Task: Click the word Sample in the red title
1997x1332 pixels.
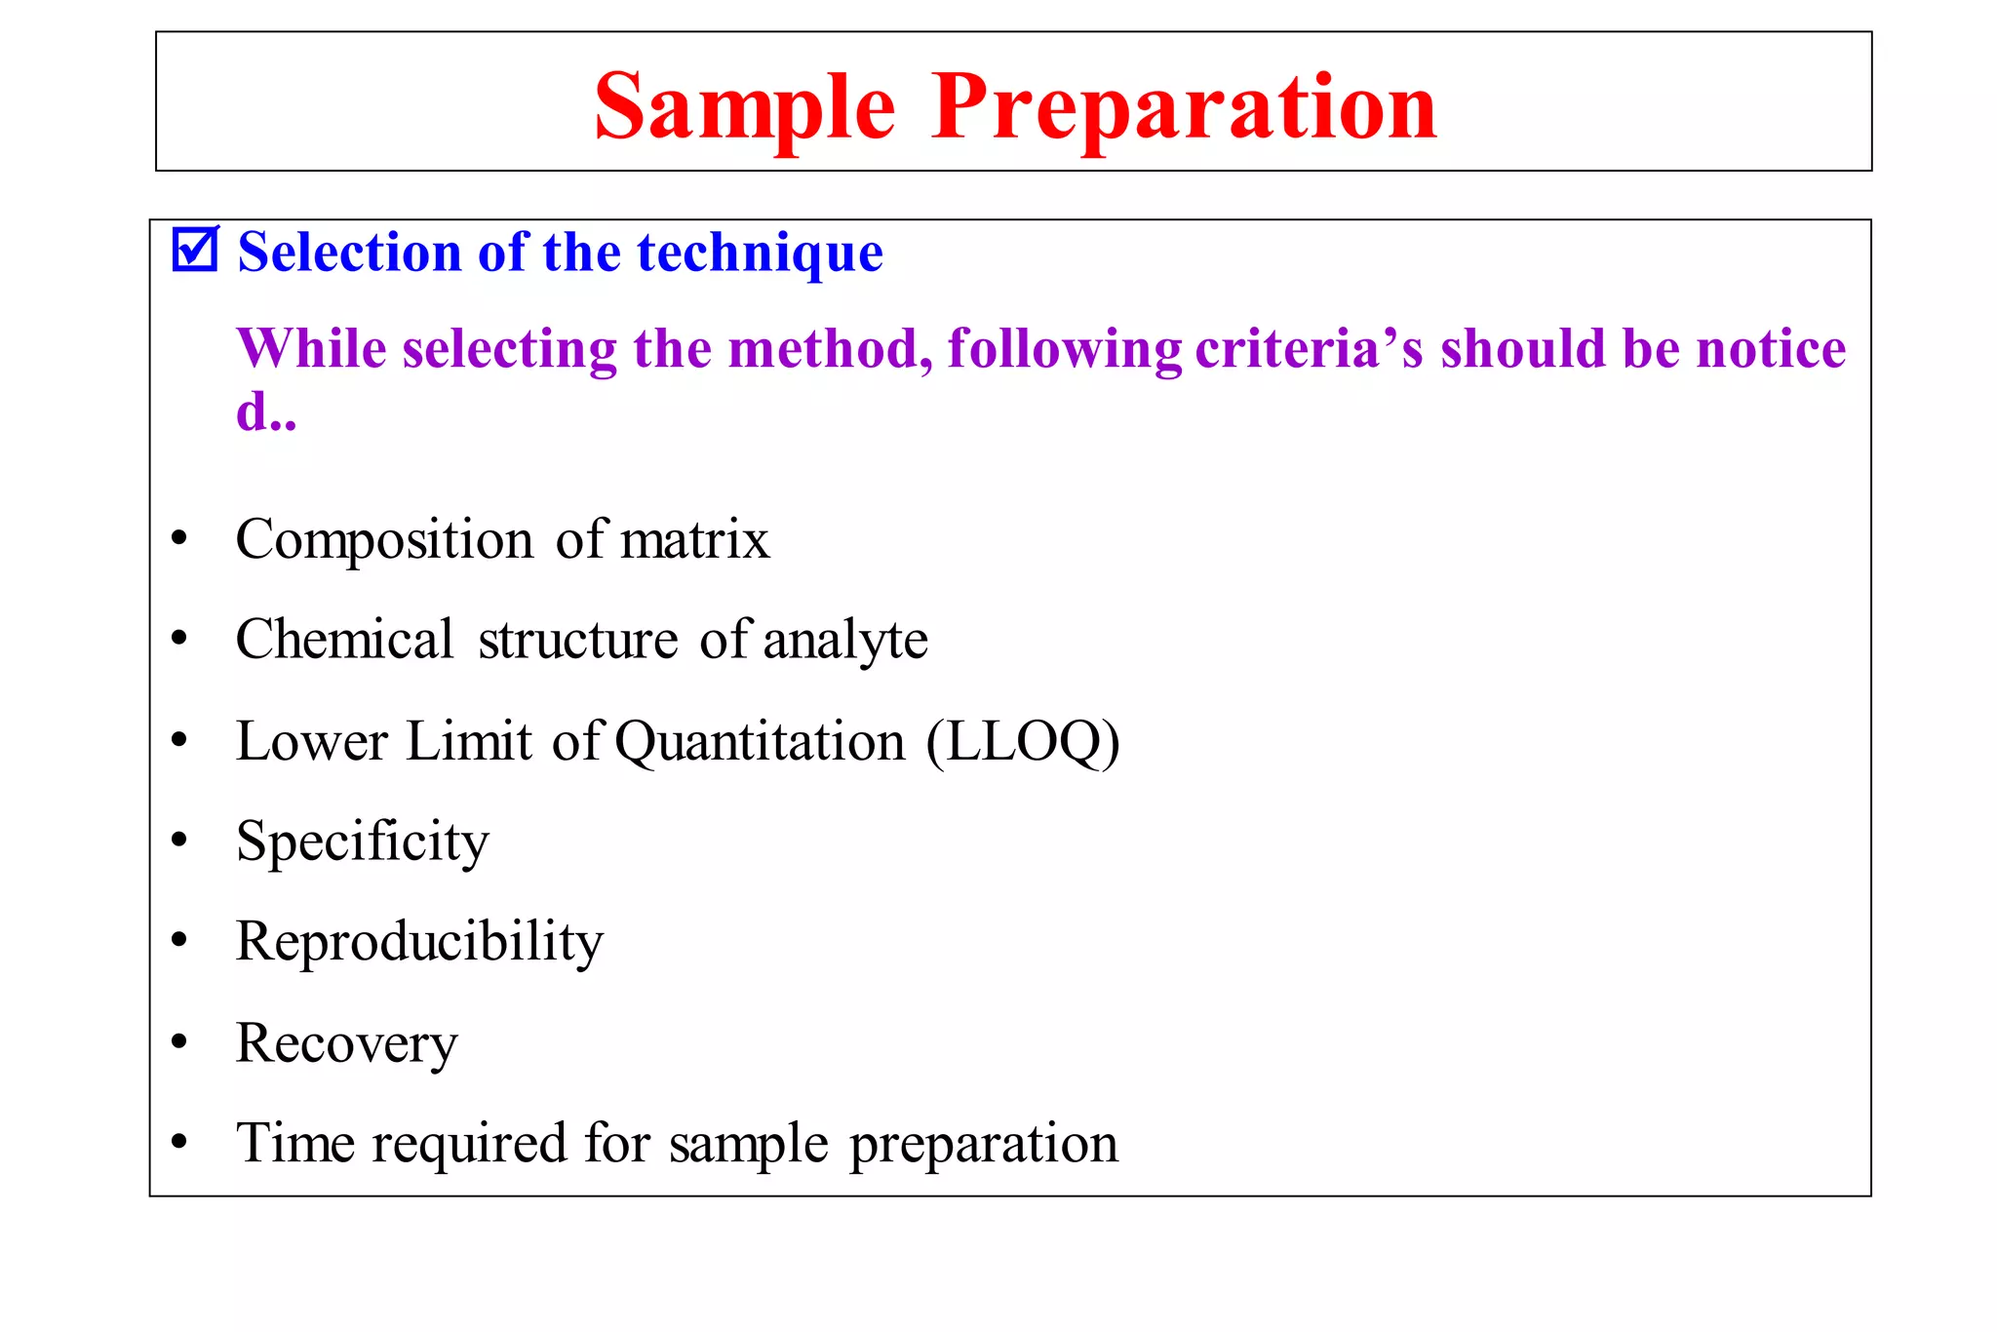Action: (744, 107)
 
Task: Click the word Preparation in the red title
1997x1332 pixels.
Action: (1183, 107)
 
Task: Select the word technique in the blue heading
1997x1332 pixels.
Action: (760, 253)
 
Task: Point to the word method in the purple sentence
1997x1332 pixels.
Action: (830, 348)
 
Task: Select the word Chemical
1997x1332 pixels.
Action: (344, 640)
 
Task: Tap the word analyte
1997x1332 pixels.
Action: (844, 642)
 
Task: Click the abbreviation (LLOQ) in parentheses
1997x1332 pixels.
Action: (1023, 742)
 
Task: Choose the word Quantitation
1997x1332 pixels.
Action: (761, 742)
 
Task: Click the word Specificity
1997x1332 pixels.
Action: (362, 842)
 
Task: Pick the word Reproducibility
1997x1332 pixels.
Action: (419, 942)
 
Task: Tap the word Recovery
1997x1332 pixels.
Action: (346, 1043)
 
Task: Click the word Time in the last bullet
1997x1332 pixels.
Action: (294, 1143)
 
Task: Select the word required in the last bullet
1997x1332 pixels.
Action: (469, 1145)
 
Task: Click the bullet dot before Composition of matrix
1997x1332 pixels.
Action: (178, 538)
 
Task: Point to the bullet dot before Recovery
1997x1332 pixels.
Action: (178, 1041)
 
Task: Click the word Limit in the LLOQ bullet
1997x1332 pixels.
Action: (469, 741)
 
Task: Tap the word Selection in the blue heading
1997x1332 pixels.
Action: (349, 253)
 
